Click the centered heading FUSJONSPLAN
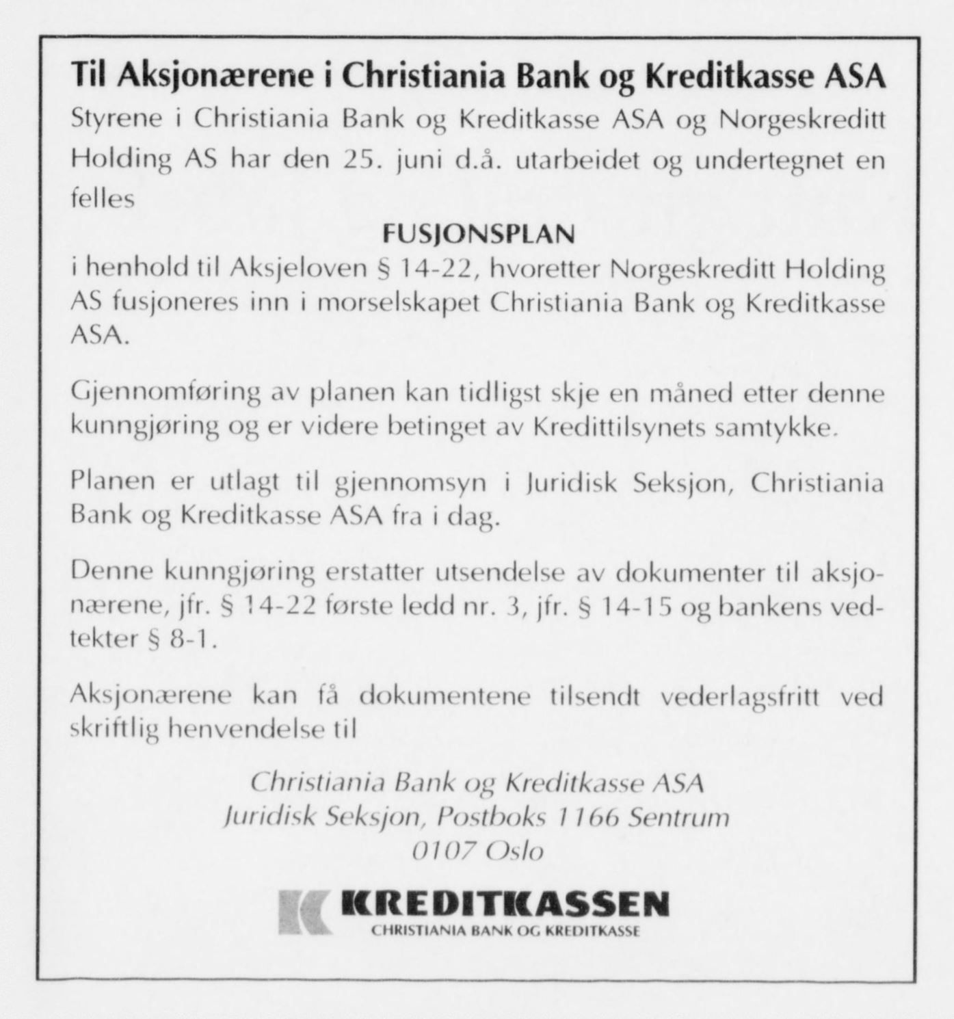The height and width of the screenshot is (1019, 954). tap(478, 235)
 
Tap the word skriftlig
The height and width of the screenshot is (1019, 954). tap(115, 730)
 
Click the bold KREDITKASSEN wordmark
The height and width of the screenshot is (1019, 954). tap(505, 905)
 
